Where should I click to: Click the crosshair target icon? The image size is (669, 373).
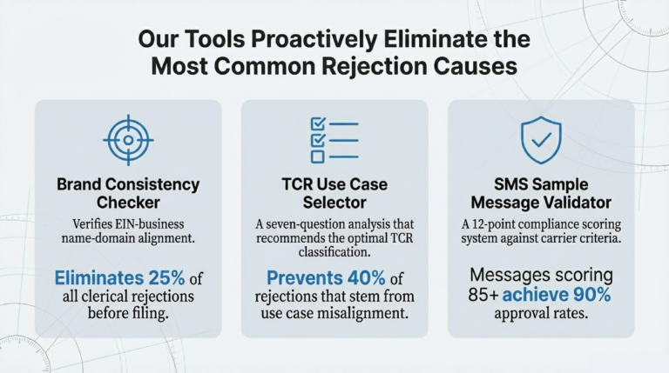coord(127,138)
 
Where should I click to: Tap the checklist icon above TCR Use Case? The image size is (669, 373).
coord(334,140)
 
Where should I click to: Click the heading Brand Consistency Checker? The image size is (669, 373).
coord(127,193)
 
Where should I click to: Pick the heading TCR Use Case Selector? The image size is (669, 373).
coord(334,193)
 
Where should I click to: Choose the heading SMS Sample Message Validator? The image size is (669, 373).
coord(541,193)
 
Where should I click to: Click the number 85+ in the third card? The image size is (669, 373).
coord(484,296)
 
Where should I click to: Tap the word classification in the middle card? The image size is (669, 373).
coord(334,253)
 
